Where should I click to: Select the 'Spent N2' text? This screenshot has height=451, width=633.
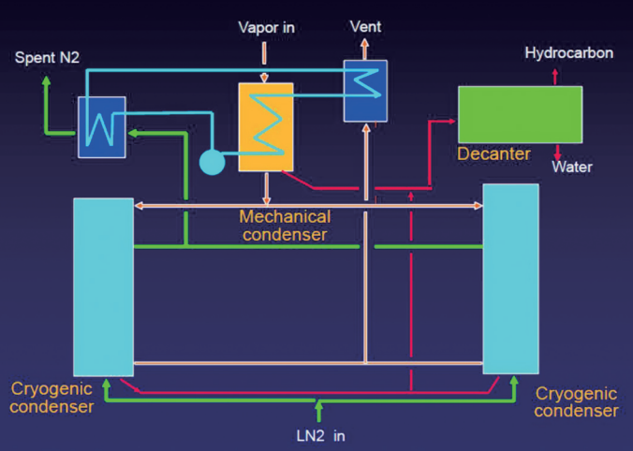point(47,58)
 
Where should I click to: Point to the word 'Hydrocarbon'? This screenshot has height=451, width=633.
point(568,53)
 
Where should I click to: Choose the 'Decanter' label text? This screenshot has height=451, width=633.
point(493,153)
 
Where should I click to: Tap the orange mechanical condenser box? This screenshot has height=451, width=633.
point(266,127)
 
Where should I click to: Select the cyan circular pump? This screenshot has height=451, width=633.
point(213,162)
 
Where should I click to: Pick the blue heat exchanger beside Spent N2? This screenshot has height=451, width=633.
point(102,126)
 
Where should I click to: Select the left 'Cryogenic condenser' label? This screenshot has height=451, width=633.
point(52,397)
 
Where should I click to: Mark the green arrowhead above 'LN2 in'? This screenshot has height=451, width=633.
point(319,407)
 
